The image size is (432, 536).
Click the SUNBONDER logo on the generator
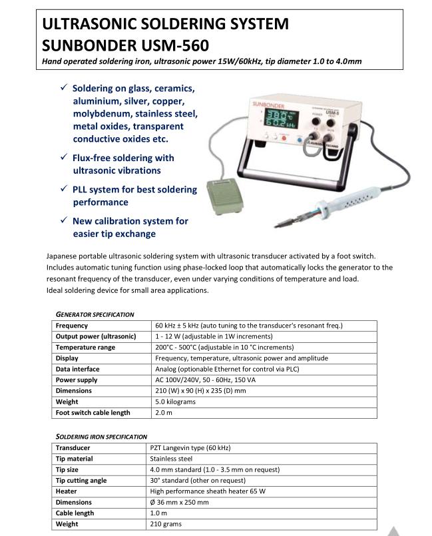[x=269, y=106]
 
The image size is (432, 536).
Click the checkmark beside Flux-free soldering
[x=63, y=158]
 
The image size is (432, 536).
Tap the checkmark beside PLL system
[x=63, y=189]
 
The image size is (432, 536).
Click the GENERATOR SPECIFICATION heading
[x=95, y=314]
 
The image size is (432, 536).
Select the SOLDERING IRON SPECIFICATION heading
[x=101, y=436]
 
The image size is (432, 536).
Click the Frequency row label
[x=72, y=326]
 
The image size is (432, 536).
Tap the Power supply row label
[x=77, y=380]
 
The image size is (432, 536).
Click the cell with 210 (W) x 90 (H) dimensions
[x=200, y=391]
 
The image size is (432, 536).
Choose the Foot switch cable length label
[x=93, y=413]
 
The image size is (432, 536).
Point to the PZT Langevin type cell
[x=190, y=448]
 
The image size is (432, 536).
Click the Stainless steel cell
[x=171, y=459]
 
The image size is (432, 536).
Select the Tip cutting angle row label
[x=81, y=480]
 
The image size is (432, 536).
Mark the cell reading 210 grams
[x=166, y=524]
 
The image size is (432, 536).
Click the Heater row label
[x=67, y=491]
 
